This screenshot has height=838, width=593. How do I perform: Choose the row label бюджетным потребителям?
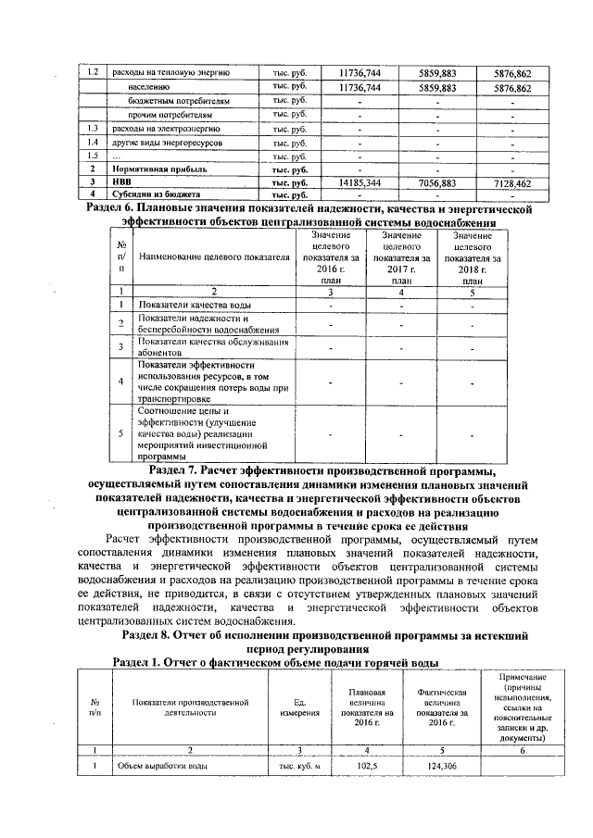point(179,100)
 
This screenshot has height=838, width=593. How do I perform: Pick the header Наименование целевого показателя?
point(212,256)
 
